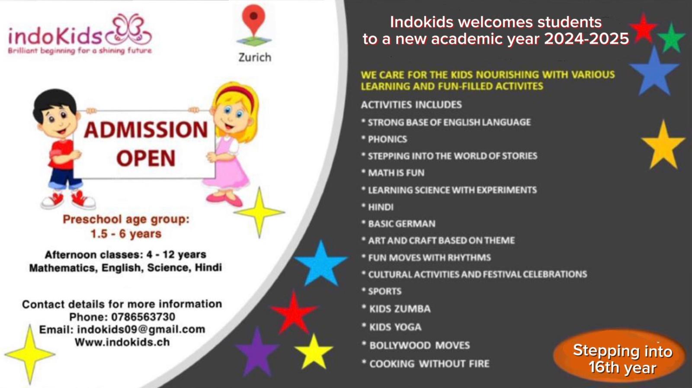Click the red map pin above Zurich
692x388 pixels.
(253, 19)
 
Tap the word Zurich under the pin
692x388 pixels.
(255, 57)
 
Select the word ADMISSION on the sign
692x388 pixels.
(146, 130)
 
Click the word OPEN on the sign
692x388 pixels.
(146, 158)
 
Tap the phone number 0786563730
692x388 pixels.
(143, 317)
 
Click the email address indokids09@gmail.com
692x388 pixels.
(141, 330)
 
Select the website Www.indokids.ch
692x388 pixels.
(122, 342)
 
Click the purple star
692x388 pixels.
(257, 352)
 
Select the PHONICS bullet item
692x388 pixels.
(384, 139)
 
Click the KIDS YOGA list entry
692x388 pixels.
(391, 327)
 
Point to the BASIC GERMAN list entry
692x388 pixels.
(398, 224)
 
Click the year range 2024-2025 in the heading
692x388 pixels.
(586, 39)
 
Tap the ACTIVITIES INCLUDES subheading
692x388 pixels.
(411, 105)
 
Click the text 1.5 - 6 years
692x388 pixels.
(126, 234)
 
